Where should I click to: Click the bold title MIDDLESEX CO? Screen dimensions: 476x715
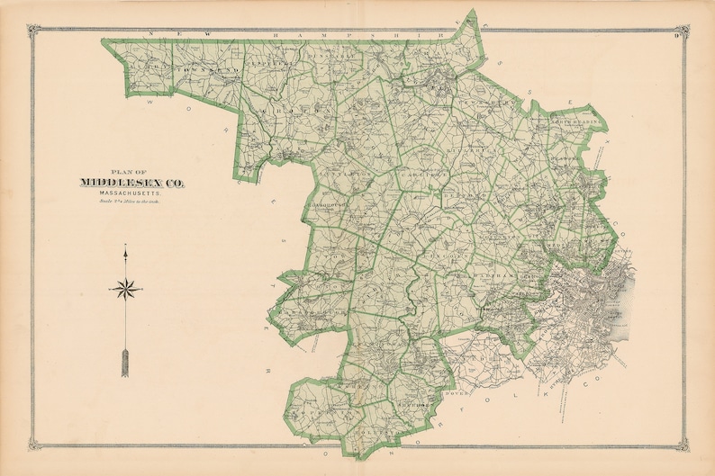[x=132, y=183]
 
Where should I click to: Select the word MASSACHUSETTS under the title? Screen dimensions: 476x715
[x=132, y=193]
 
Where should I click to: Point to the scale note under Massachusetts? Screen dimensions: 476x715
[x=132, y=202]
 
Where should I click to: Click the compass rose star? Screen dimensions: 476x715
[x=126, y=289]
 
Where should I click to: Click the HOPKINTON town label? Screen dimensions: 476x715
[x=311, y=409]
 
